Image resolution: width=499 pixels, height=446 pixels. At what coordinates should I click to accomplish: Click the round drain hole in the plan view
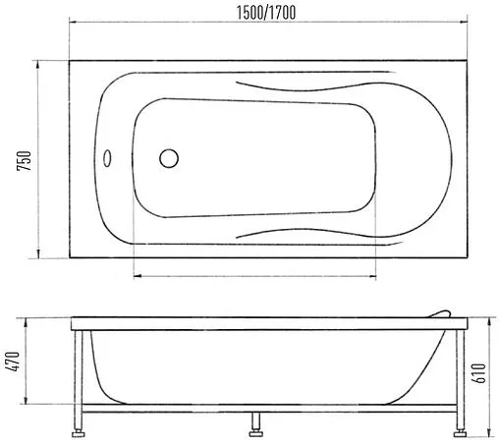click(169, 158)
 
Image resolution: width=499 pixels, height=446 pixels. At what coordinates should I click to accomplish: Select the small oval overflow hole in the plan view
click(109, 158)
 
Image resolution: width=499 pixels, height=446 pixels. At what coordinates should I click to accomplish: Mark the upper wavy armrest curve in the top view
click(305, 89)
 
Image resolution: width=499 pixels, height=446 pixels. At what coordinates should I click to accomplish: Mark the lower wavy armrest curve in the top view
click(305, 233)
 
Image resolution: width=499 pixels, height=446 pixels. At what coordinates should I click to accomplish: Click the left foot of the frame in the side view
click(78, 427)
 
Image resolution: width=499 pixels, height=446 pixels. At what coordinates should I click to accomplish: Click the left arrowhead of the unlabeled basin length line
click(135, 276)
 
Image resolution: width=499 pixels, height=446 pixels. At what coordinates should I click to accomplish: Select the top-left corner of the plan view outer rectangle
click(69, 60)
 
